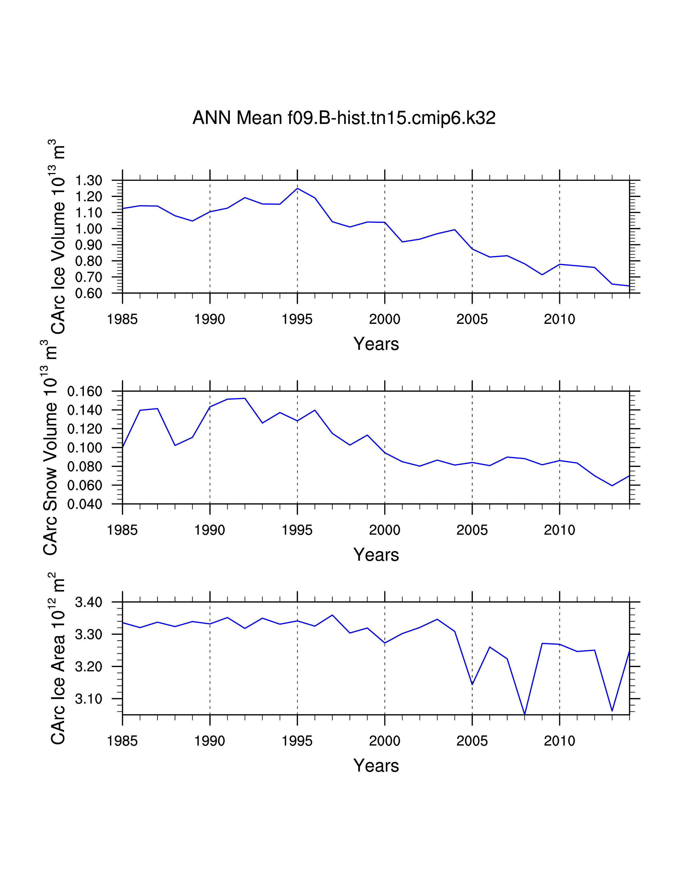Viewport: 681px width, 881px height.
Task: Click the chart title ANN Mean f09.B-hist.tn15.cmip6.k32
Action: pos(344,118)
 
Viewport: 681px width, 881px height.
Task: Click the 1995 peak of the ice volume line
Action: pos(297,188)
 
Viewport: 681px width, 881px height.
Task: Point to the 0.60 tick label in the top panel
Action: pos(88,293)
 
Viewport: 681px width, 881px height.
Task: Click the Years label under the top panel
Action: pos(376,344)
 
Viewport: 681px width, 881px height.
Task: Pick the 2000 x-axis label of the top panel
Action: pos(385,320)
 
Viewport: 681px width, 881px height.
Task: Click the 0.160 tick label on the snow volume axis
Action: pos(85,391)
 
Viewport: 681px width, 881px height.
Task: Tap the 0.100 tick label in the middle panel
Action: pos(85,448)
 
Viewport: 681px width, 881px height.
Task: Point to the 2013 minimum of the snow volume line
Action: pos(612,486)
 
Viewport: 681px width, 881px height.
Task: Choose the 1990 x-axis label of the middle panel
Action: pos(210,530)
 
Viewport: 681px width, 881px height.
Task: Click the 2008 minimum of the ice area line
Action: pos(525,714)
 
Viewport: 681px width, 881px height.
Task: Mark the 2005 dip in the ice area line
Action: pos(472,685)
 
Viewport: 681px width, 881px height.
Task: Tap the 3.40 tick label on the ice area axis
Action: pos(88,603)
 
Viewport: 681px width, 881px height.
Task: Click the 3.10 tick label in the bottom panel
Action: pos(88,699)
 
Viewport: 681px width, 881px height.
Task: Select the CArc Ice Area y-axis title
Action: pos(58,658)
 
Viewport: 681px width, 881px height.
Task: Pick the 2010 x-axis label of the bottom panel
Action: pos(559,741)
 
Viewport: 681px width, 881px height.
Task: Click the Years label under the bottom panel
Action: pos(376,766)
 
